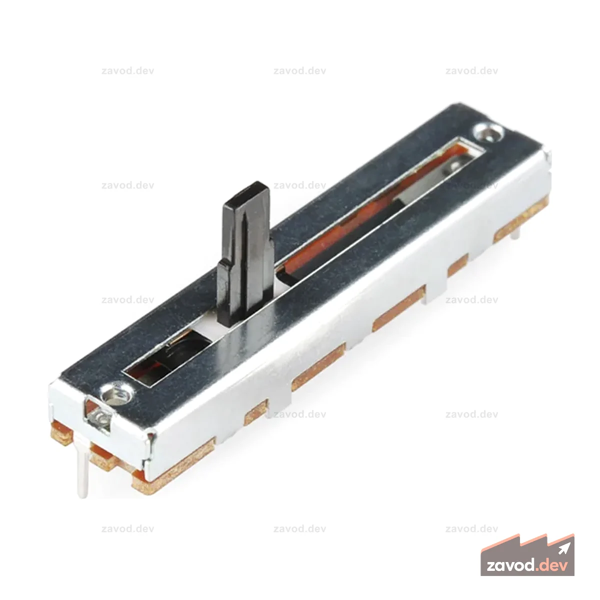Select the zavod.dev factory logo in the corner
tap(527, 554)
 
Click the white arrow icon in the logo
tap(564, 548)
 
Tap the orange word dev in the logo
tap(552, 565)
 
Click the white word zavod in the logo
tap(511, 565)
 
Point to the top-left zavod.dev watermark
tap(127, 71)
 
